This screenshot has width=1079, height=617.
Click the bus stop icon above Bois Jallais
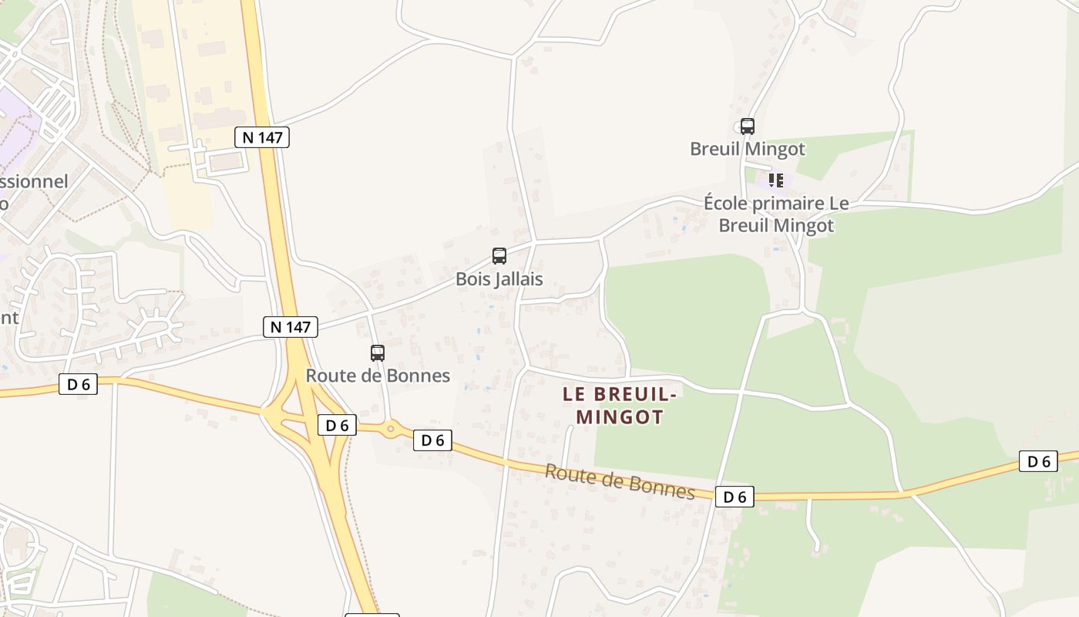coord(499,256)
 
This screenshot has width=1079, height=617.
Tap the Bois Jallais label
coord(499,279)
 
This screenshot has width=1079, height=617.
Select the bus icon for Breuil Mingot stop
coord(747,126)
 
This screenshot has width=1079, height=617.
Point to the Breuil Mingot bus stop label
coord(747,149)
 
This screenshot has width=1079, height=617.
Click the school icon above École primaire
coord(776,180)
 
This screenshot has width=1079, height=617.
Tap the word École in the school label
coord(727,204)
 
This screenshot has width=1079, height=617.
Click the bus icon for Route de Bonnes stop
coord(378,353)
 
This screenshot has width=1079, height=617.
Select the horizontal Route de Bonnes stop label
coord(378,376)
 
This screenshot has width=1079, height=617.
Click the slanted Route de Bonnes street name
coord(620,482)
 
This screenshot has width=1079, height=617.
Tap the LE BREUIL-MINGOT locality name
coord(620,406)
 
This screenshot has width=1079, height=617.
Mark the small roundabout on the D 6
coord(392,428)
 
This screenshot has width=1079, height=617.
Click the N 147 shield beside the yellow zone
coord(262,138)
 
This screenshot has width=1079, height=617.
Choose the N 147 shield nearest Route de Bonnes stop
coord(291,327)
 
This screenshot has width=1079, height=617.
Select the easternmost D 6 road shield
coord(1038,462)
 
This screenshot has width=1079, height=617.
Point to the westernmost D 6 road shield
coord(79,384)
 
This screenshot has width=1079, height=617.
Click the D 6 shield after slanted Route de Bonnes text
coord(734,497)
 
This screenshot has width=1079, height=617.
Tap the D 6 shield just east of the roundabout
coord(432,440)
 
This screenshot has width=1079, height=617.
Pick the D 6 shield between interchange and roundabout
coord(337,425)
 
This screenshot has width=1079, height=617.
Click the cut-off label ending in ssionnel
coord(34,182)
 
